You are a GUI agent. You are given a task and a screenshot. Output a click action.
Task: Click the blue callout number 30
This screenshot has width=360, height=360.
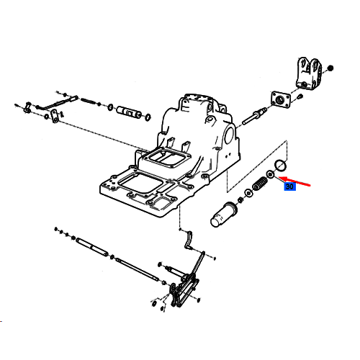pyautogui.click(x=290, y=186)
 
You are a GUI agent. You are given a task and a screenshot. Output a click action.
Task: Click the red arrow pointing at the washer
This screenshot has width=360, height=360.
pyautogui.click(x=294, y=181)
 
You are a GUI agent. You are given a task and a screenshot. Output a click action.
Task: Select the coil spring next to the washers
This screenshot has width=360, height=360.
pyautogui.click(x=260, y=184)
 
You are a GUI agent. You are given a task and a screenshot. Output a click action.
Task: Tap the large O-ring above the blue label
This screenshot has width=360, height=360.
pyautogui.click(x=280, y=166)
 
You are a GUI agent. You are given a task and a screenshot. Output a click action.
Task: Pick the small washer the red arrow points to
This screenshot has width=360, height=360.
pyautogui.click(x=270, y=174)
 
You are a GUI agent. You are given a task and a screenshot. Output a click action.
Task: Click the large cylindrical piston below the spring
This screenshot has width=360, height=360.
pyautogui.click(x=224, y=215)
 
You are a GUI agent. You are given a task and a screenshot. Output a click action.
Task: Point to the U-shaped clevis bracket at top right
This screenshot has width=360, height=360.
pyautogui.click(x=308, y=73)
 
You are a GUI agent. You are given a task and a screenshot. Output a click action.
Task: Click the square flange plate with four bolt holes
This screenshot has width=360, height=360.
pyautogui.click(x=281, y=99)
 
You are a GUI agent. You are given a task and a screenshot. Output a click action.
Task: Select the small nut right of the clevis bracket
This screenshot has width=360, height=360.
pyautogui.click(x=330, y=68)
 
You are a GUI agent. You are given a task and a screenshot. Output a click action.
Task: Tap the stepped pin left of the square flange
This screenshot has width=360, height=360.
pyautogui.click(x=254, y=116)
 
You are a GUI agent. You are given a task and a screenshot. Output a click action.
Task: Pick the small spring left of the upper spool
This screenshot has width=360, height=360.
pyautogui.click(x=89, y=101)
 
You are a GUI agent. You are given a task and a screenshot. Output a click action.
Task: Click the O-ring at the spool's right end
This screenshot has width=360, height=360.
pyautogui.click(x=148, y=117)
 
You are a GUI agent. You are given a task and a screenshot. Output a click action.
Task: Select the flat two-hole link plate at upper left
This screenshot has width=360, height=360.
pyautogui.click(x=55, y=116)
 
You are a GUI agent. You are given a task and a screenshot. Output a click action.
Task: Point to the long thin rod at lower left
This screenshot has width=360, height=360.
pyautogui.click(x=138, y=269)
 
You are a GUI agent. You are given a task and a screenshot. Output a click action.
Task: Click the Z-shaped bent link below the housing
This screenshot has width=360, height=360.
pyautogui.click(x=188, y=240)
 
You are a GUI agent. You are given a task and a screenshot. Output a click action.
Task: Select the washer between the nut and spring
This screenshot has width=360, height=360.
pyautogui.click(x=248, y=193)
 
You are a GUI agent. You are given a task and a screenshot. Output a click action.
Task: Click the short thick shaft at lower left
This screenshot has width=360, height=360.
pyautogui.click(x=92, y=247)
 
